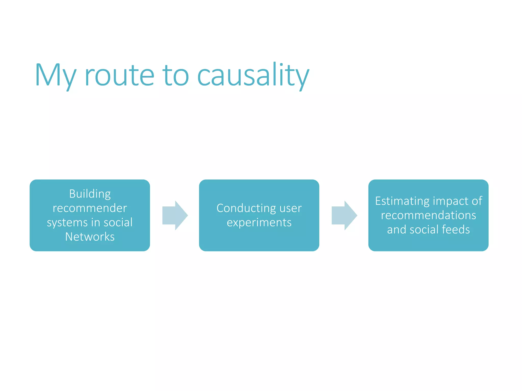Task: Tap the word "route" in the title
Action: (x=119, y=76)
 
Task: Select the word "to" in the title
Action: (x=176, y=76)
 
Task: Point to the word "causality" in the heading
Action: (x=253, y=76)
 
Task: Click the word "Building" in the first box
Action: (x=90, y=194)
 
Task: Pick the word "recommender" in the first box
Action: (x=90, y=208)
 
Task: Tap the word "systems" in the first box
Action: (x=67, y=223)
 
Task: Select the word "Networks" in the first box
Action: (x=90, y=237)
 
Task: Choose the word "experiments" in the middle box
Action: (x=259, y=223)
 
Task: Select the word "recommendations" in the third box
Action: (x=428, y=215)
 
